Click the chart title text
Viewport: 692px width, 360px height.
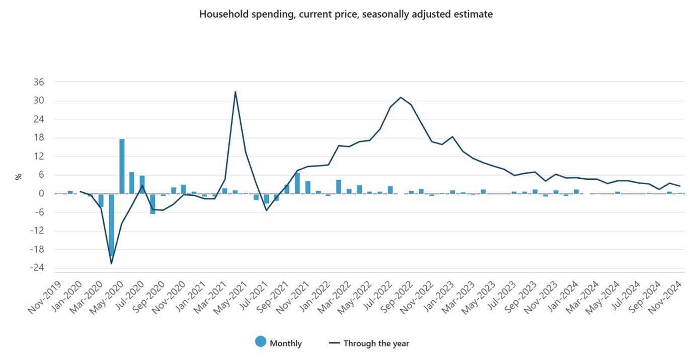pos(346,14)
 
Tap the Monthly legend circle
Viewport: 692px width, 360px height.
pos(260,341)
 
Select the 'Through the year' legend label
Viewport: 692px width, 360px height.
pos(376,343)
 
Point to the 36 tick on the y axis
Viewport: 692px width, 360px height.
pos(39,82)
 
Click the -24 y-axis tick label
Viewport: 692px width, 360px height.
pos(37,267)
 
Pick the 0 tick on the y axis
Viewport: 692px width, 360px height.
pos(41,193)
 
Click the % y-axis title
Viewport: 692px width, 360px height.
pos(19,177)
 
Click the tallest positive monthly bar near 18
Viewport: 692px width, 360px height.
pos(122,166)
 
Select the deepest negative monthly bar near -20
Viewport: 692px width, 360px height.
pos(112,225)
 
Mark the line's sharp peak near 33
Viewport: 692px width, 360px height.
pos(236,92)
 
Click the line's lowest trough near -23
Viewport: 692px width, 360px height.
pos(111,264)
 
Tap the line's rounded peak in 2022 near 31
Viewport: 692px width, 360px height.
pos(401,97)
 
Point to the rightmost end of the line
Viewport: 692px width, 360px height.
pos(680,186)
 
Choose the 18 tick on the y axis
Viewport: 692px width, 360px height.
pos(39,138)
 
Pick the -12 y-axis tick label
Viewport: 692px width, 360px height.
pos(37,231)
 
